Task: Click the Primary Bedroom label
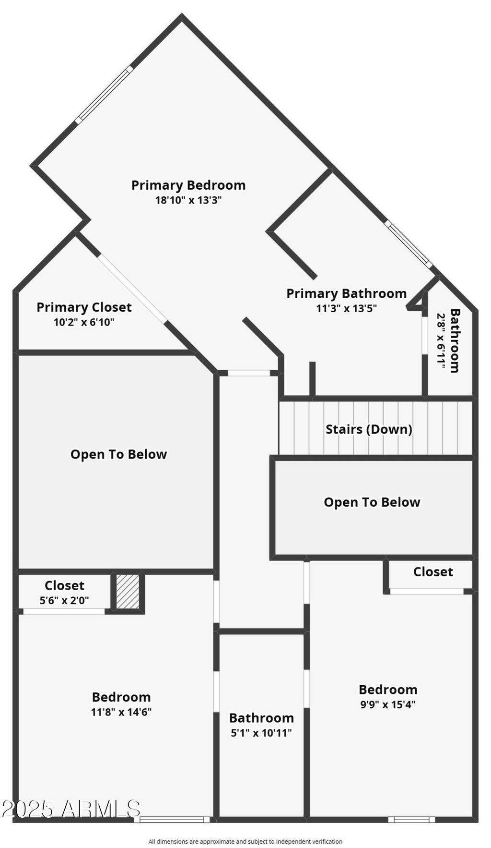188,185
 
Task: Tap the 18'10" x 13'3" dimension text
188,200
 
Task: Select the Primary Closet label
84,307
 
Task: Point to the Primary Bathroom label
346,293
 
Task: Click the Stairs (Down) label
369,429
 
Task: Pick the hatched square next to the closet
128,592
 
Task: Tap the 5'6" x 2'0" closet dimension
64,600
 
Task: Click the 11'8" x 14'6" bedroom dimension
121,712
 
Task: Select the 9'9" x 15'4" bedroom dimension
388,704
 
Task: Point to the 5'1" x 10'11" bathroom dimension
261,733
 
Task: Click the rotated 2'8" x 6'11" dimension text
441,342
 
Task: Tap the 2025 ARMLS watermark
71,809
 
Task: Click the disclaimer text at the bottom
245,841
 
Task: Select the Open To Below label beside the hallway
118,454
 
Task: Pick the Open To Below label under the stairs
372,502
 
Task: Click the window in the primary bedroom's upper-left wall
104,94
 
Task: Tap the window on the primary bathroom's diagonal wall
409,243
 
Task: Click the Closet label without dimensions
433,572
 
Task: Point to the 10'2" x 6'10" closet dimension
84,322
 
